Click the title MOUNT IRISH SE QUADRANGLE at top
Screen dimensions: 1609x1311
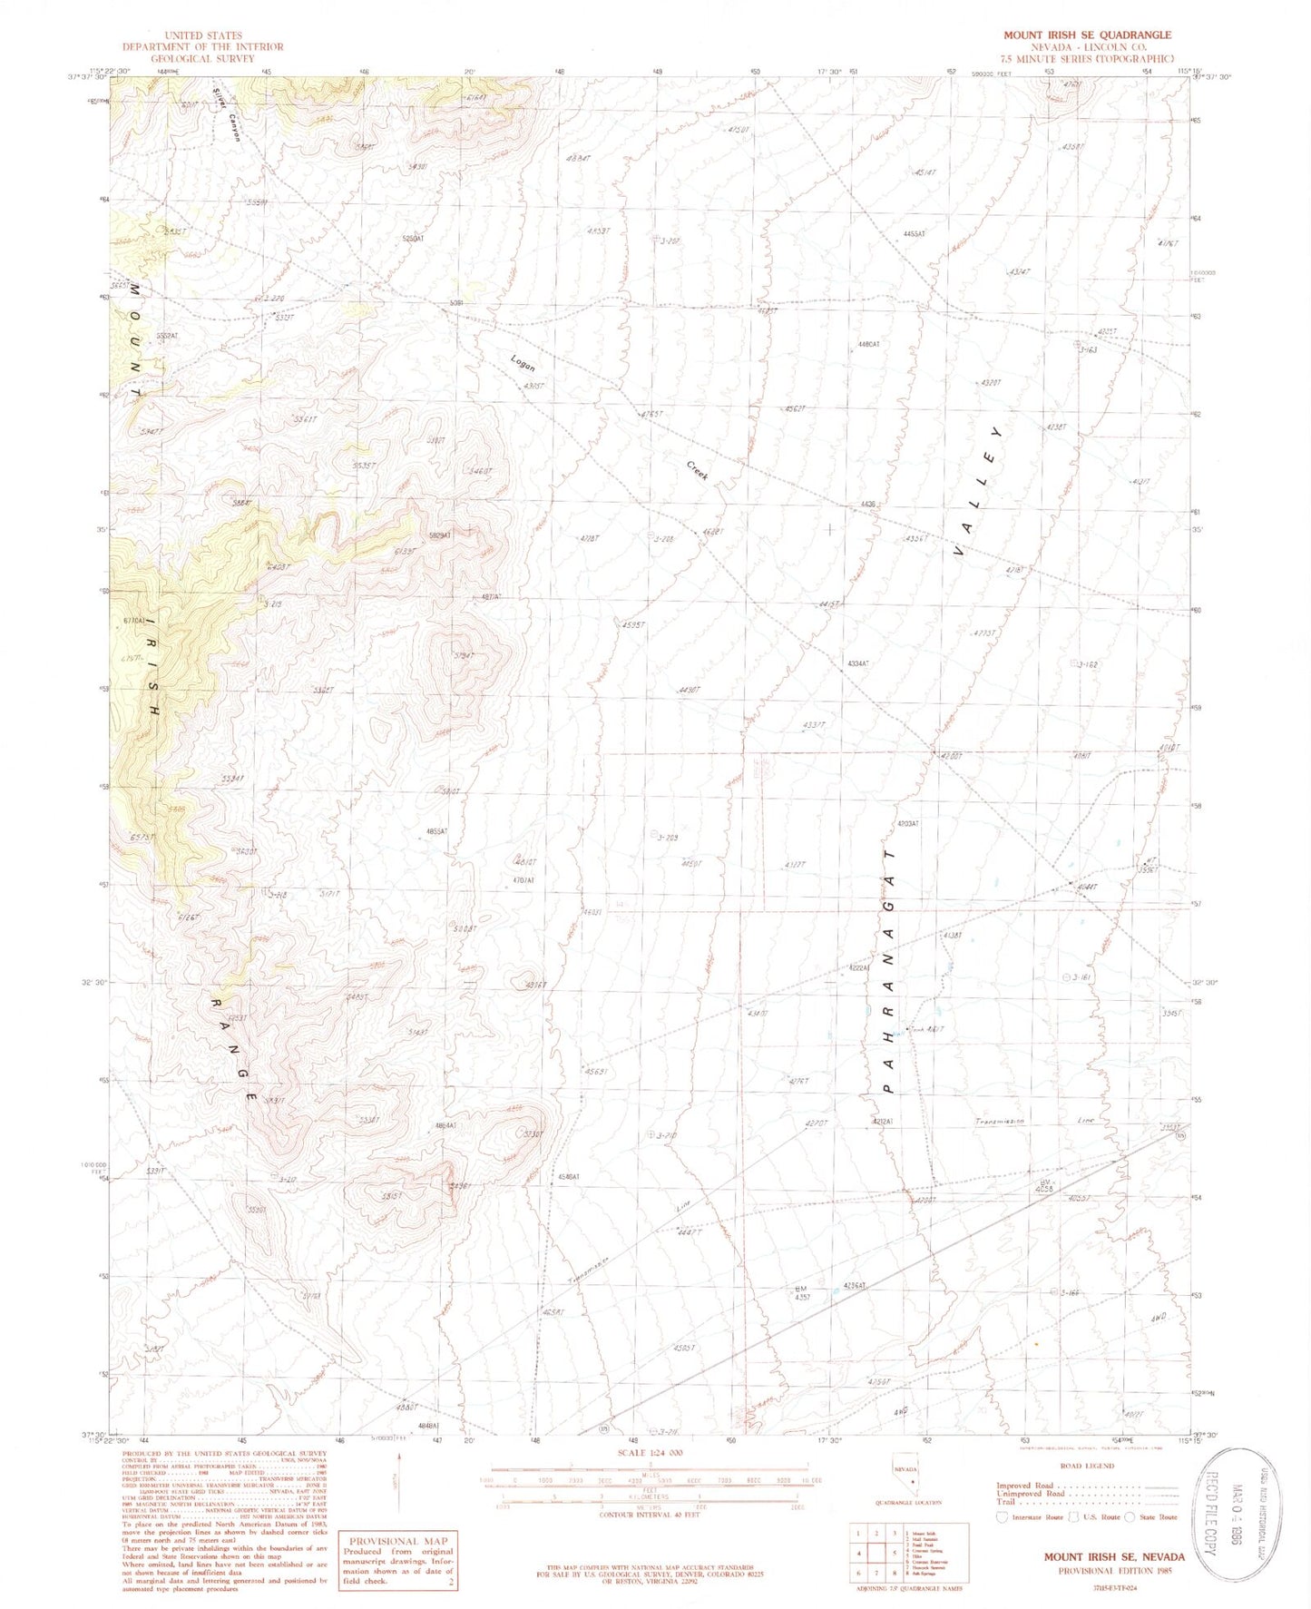(1086, 34)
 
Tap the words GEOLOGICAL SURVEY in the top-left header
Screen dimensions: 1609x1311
(202, 58)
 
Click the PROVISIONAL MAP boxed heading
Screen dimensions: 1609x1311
(397, 1541)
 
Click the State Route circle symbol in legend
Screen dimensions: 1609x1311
(1130, 1516)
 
